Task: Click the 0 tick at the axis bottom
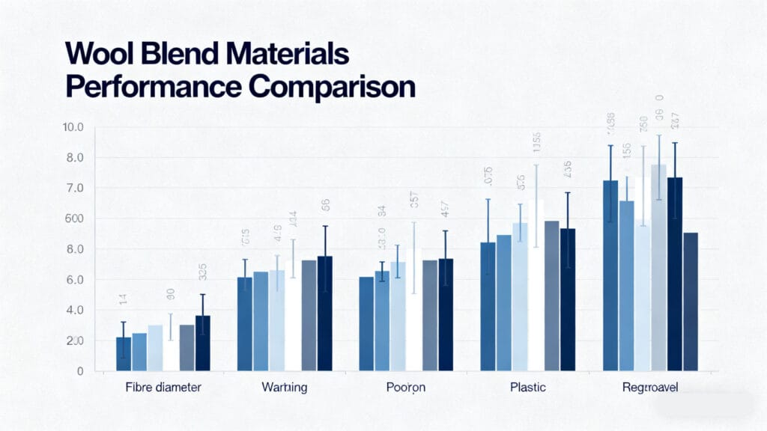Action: pyautogui.click(x=79, y=371)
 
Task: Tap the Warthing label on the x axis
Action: pyautogui.click(x=285, y=388)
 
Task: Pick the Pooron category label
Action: pyautogui.click(x=407, y=388)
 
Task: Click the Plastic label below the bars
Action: pyautogui.click(x=528, y=388)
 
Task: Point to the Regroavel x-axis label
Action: pyautogui.click(x=649, y=388)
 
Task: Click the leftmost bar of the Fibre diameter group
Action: pyautogui.click(x=124, y=354)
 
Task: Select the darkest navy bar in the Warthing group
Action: pyautogui.click(x=325, y=314)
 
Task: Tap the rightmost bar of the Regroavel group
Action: pyautogui.click(x=691, y=302)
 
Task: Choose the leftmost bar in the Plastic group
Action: pyautogui.click(x=488, y=306)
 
